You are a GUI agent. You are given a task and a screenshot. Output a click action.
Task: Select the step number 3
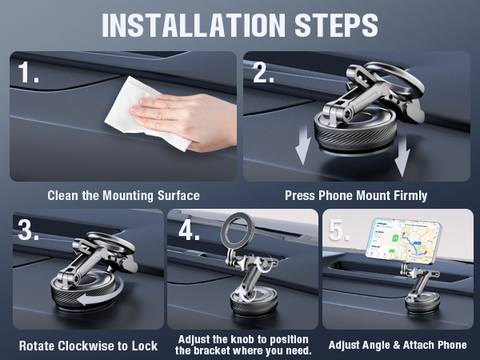pos(30,232)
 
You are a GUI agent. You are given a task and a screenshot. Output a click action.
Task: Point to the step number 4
pos(190,232)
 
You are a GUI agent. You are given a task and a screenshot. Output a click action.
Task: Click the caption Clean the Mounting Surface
pos(123,195)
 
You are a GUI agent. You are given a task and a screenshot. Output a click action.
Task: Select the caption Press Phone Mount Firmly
pos(356,195)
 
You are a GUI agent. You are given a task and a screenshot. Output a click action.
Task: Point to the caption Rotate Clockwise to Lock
pos(88,346)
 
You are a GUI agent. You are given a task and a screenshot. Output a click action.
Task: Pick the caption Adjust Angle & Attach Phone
pos(398,346)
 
